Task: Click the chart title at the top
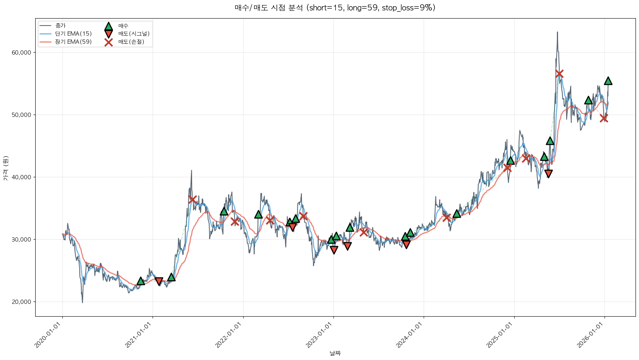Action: click(335, 8)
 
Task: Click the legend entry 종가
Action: click(60, 26)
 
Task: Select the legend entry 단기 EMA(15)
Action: click(73, 34)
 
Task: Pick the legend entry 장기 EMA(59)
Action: click(73, 42)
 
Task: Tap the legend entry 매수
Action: click(123, 26)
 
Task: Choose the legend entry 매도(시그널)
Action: click(134, 34)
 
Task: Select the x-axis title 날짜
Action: click(335, 353)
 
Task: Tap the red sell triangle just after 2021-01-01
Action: click(158, 281)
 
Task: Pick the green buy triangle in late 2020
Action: click(141, 281)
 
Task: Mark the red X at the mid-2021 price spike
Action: click(192, 199)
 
